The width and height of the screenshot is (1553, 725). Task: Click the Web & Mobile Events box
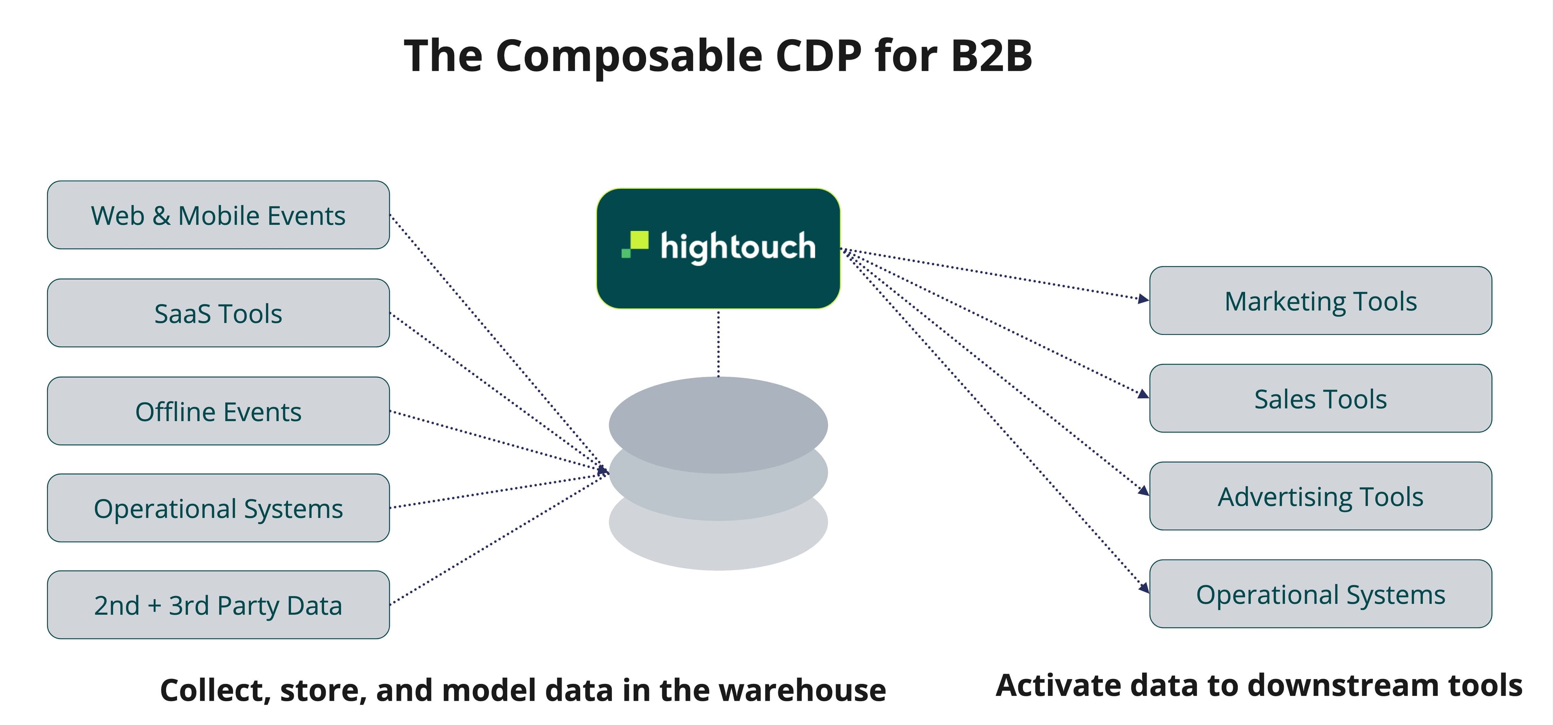click(218, 215)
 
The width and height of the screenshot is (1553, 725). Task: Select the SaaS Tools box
click(218, 313)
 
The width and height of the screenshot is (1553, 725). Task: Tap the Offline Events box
click(218, 412)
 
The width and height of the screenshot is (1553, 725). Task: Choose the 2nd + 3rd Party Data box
click(218, 605)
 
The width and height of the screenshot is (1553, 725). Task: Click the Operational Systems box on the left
click(218, 508)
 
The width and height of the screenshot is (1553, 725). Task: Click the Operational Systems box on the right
click(1320, 594)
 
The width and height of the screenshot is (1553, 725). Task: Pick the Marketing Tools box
click(1320, 301)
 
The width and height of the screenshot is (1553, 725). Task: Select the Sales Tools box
click(1320, 398)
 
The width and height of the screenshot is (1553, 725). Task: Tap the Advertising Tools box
click(1320, 497)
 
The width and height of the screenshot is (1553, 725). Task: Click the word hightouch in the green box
click(738, 247)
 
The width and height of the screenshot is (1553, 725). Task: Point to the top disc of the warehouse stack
click(718, 416)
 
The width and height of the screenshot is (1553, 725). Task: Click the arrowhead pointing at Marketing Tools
click(1143, 298)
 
